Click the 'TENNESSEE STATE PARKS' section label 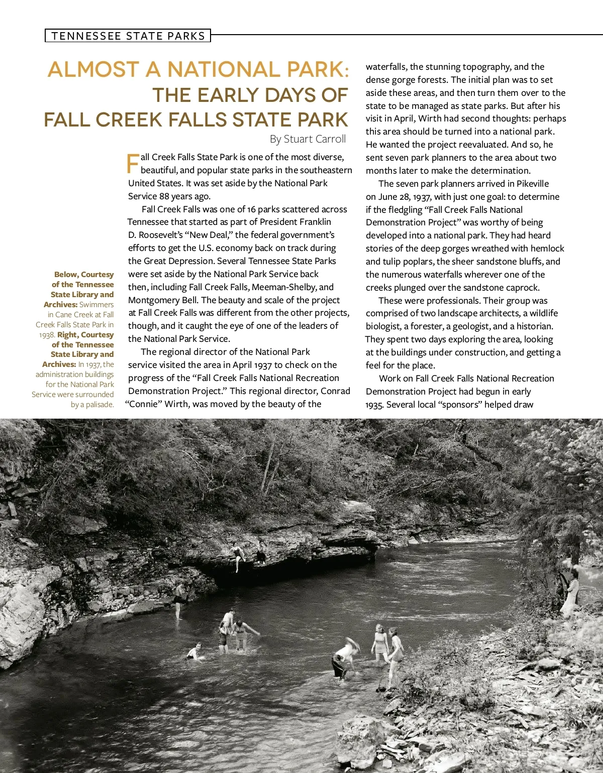click(128, 36)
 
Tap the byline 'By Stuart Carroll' click(308, 139)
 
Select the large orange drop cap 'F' click(133, 164)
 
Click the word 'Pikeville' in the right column click(533, 184)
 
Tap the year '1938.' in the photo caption click(47, 335)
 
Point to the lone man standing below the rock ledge click(179, 599)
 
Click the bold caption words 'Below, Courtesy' click(84, 275)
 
